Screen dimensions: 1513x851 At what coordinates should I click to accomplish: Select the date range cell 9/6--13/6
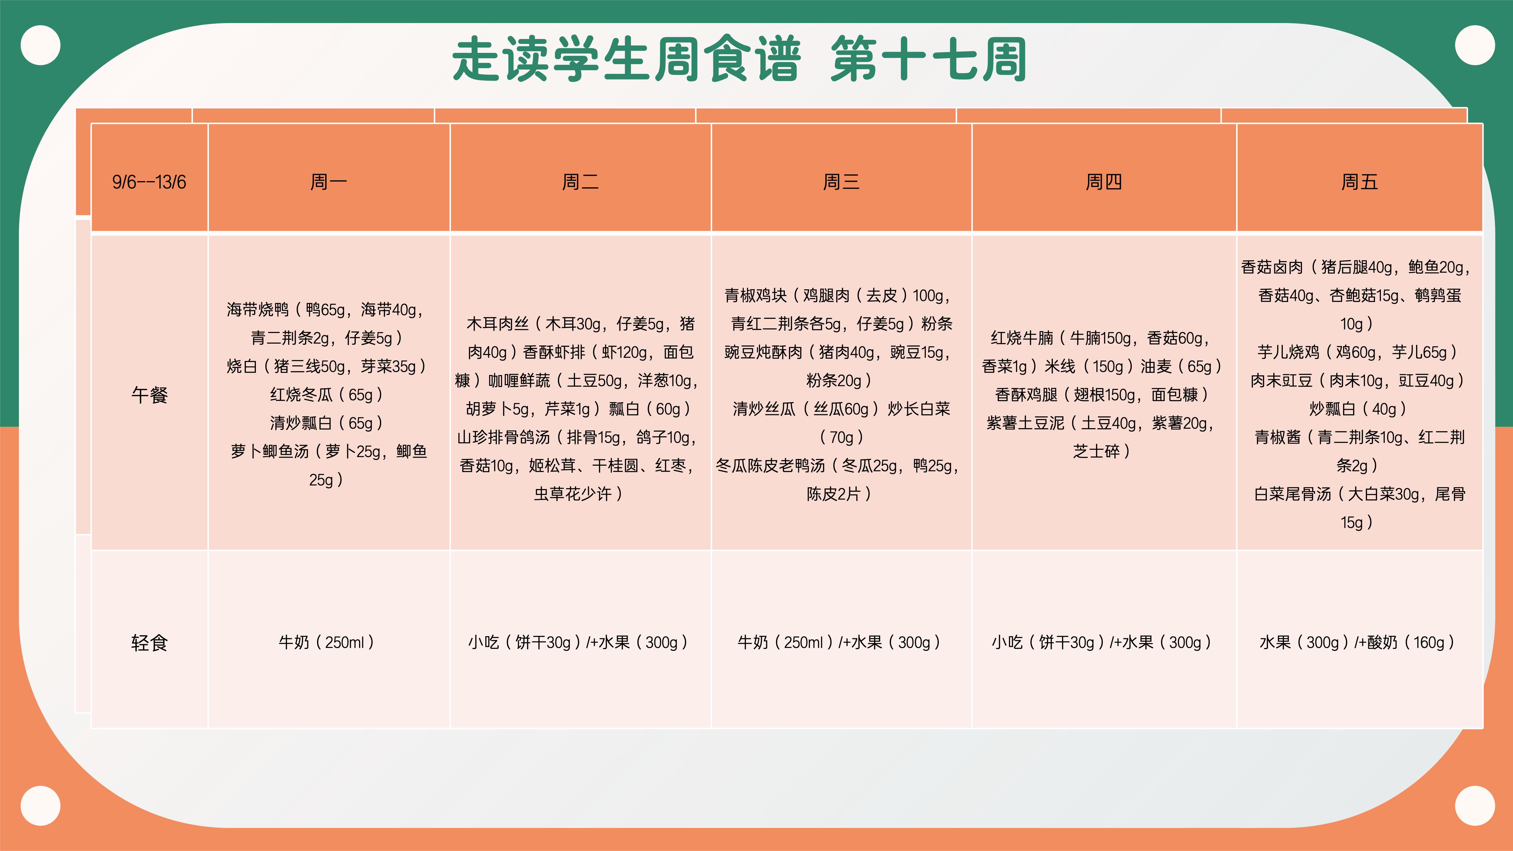click(149, 182)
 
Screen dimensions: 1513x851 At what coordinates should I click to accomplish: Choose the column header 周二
click(580, 182)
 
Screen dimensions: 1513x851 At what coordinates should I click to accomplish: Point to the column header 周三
click(841, 182)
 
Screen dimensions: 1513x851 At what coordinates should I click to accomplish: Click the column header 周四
click(1104, 182)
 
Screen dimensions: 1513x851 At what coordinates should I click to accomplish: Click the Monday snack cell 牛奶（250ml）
click(327, 642)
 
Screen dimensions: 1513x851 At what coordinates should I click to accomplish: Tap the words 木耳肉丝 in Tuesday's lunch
click(497, 324)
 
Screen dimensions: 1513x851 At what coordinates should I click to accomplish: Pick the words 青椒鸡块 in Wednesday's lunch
click(755, 295)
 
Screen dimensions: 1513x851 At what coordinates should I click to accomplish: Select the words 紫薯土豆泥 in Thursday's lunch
click(1025, 423)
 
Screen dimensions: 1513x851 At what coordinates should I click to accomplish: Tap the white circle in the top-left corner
click(40, 45)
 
